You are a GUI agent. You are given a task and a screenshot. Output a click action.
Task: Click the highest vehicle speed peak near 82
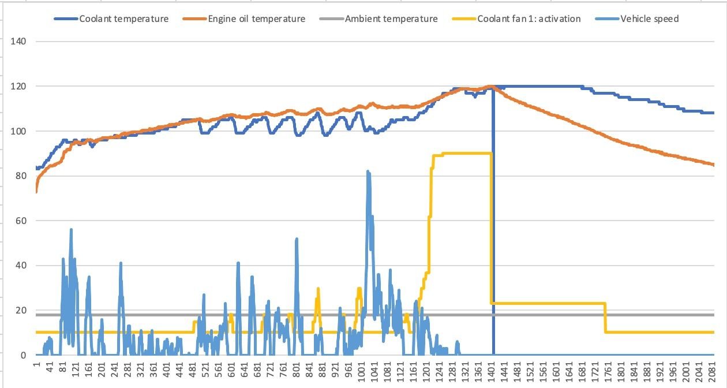point(368,171)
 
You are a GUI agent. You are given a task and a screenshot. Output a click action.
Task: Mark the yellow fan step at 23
point(548,303)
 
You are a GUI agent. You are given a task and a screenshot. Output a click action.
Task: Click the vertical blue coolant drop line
point(493,231)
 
